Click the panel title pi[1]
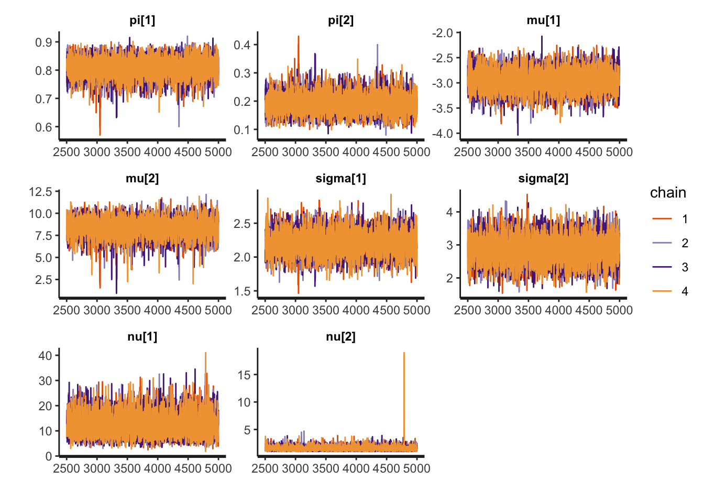click(142, 20)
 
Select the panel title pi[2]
click(340, 20)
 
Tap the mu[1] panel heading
click(543, 20)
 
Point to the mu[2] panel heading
click(142, 179)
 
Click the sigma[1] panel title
click(340, 179)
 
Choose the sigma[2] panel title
click(543, 179)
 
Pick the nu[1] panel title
click(142, 337)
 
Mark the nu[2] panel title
click(340, 337)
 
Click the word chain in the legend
click(668, 193)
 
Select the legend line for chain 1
click(662, 219)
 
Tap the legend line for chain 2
click(662, 243)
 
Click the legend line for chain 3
click(662, 267)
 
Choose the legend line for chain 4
click(662, 291)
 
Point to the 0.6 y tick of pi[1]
click(43, 127)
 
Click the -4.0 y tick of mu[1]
click(442, 134)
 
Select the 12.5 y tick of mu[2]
click(40, 192)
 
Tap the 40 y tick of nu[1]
click(45, 356)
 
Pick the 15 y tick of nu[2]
click(244, 375)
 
